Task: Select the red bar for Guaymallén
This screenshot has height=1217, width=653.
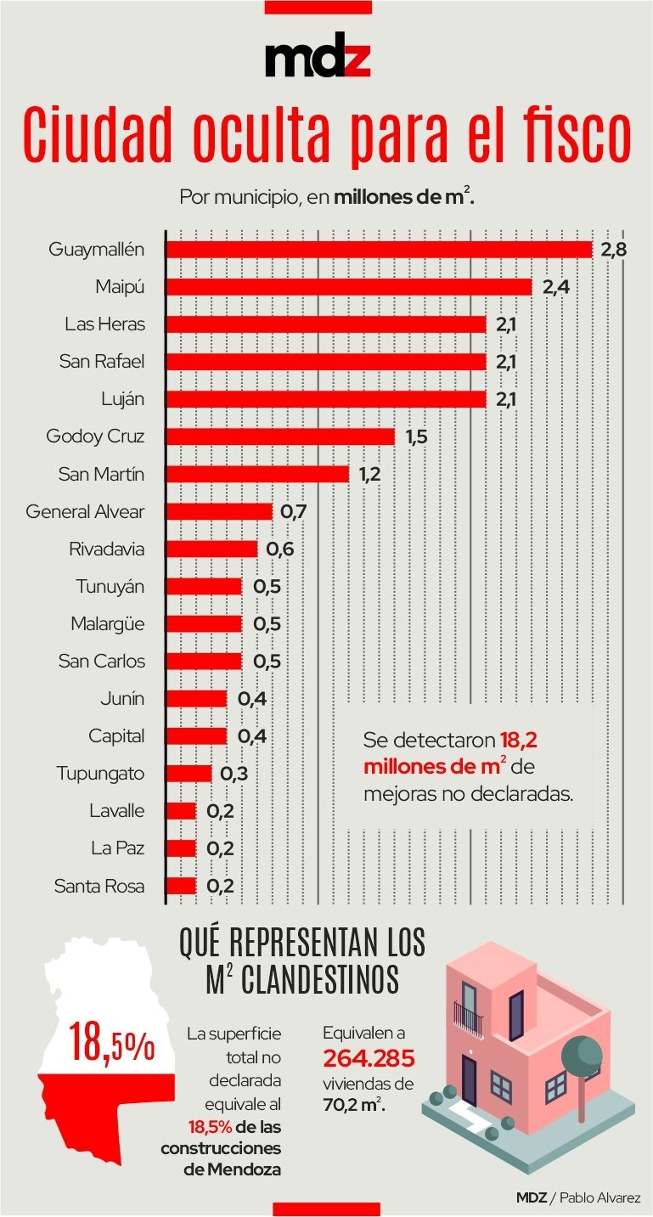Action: pos(378,250)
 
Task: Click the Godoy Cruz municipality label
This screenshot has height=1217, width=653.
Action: pos(95,437)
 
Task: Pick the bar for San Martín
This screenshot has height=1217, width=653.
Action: pos(257,474)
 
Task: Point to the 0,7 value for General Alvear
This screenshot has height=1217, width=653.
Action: pos(293,511)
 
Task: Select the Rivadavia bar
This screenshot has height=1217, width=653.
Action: pos(211,549)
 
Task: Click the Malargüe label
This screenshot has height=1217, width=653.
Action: pos(107,623)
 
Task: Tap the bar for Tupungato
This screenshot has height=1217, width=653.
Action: pos(189,773)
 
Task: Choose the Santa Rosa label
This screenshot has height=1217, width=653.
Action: pos(99,886)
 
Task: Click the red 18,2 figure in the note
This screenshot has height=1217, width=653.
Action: pos(518,740)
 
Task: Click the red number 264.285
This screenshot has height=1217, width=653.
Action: pos(369,1059)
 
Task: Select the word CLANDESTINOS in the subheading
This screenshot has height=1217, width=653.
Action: pos(318,979)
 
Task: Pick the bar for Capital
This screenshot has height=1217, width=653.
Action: pos(196,735)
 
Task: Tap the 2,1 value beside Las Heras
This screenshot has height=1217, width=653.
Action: pos(506,324)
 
